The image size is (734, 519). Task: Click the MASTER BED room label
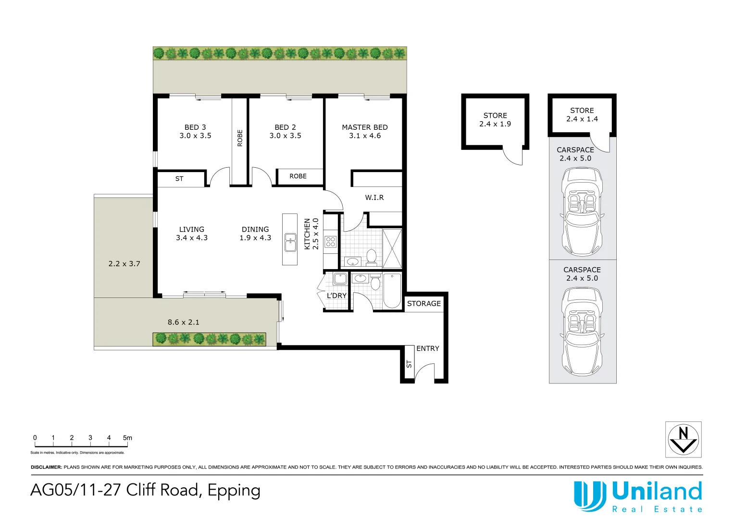tap(364, 127)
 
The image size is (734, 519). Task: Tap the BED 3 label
tap(195, 127)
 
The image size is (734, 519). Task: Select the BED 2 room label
tap(285, 127)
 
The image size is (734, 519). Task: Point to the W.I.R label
tap(374, 198)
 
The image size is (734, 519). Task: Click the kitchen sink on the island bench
tap(290, 243)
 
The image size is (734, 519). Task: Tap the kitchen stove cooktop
tap(330, 241)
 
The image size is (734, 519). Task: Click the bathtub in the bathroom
tap(392, 291)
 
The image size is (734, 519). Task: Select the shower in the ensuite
tap(392, 248)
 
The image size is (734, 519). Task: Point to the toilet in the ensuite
tap(371, 257)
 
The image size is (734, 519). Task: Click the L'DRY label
tap(336, 296)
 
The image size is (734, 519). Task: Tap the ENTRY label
tap(427, 348)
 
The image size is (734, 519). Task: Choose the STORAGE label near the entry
tap(423, 304)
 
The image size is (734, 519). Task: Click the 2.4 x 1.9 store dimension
tap(495, 124)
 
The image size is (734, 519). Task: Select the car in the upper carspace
tap(582, 211)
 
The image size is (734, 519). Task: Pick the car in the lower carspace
tap(582, 332)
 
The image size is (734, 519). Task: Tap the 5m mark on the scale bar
tap(127, 438)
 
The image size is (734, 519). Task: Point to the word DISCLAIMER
tap(46, 467)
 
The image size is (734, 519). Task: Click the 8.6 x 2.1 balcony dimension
tap(183, 322)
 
